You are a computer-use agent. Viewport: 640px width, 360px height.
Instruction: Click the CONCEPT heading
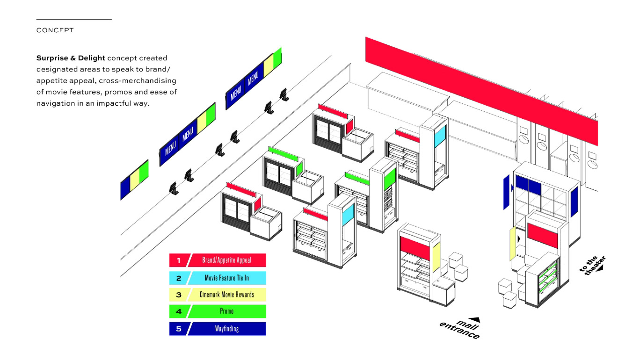pos(55,30)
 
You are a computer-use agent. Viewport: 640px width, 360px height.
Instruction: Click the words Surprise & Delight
pos(71,58)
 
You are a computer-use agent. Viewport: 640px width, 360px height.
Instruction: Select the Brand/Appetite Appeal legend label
pos(227,260)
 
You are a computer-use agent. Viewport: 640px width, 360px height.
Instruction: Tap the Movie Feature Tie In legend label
pos(227,278)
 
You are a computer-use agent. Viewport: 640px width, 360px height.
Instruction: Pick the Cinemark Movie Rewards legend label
pos(227,295)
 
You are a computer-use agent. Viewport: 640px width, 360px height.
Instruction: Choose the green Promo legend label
pos(227,311)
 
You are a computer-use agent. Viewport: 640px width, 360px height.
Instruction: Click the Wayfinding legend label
pos(227,329)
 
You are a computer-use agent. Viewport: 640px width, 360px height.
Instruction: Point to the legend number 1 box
pos(178,260)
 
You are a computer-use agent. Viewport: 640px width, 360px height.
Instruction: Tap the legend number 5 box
pos(178,329)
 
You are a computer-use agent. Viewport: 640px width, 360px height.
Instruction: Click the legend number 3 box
pos(178,295)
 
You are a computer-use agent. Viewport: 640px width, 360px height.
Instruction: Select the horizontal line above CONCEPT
pos(74,20)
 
